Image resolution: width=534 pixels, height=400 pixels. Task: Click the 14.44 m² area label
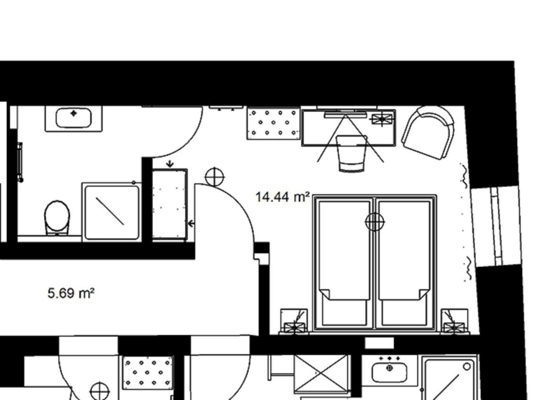click(x=282, y=197)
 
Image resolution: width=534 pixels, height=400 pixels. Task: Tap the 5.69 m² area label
click(x=71, y=293)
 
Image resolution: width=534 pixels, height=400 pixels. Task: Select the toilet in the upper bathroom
click(x=57, y=217)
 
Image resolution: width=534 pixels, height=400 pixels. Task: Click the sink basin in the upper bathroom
click(x=74, y=117)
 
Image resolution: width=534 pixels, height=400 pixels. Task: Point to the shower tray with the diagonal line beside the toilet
click(x=112, y=212)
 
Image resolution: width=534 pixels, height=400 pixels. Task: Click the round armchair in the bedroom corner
click(x=428, y=132)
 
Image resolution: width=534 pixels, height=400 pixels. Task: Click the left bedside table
click(x=294, y=321)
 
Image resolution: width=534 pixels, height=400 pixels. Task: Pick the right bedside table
click(x=454, y=321)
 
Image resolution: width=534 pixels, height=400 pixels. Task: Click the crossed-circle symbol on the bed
click(x=375, y=222)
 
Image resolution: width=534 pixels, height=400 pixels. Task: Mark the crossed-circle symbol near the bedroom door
click(x=214, y=177)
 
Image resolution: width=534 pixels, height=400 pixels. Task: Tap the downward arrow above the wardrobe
click(x=170, y=164)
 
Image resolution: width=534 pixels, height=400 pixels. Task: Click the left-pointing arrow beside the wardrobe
click(x=191, y=223)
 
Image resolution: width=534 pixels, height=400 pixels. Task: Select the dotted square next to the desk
click(x=273, y=124)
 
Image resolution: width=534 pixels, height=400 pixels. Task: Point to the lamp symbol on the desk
click(x=382, y=119)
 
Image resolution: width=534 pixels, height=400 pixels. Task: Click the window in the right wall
click(x=496, y=226)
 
